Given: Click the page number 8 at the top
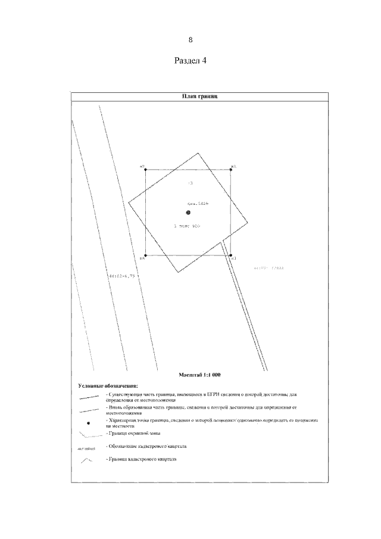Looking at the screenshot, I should tap(190, 40).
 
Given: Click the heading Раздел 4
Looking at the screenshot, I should tap(190, 61).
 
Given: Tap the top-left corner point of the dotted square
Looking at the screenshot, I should tap(146, 170).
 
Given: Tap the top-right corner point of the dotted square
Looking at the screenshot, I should tap(231, 170).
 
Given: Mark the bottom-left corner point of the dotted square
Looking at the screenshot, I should tap(146, 256).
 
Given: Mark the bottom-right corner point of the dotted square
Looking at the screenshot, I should tap(231, 256).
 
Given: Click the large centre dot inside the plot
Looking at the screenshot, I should tap(188, 213).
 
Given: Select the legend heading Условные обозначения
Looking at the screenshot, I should tap(103, 386).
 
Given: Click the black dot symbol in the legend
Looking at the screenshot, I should tap(88, 423).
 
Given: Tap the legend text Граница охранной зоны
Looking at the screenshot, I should tap(130, 434).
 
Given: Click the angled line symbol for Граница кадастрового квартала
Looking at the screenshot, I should tap(88, 461).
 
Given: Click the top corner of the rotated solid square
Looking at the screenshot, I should tap(198, 154).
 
